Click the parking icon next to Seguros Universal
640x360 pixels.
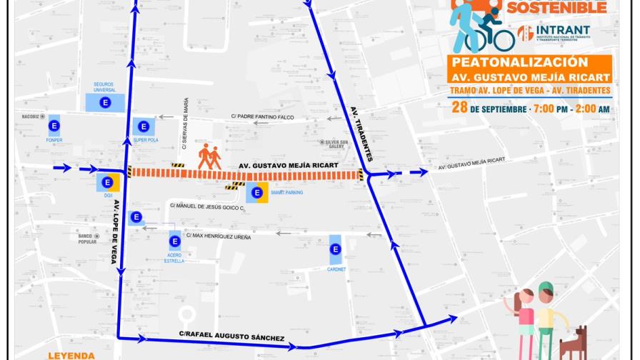click(105, 103)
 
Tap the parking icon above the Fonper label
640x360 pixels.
click(54, 127)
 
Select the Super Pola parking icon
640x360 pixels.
click(144, 126)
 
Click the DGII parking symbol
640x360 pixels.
click(108, 181)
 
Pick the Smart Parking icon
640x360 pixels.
click(257, 192)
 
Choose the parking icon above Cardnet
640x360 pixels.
click(335, 249)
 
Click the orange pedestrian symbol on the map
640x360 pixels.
click(210, 156)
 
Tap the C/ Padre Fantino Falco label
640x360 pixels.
click(262, 116)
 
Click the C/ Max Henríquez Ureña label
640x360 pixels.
click(218, 236)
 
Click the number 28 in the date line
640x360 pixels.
click(460, 108)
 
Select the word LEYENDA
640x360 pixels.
click(71, 355)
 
